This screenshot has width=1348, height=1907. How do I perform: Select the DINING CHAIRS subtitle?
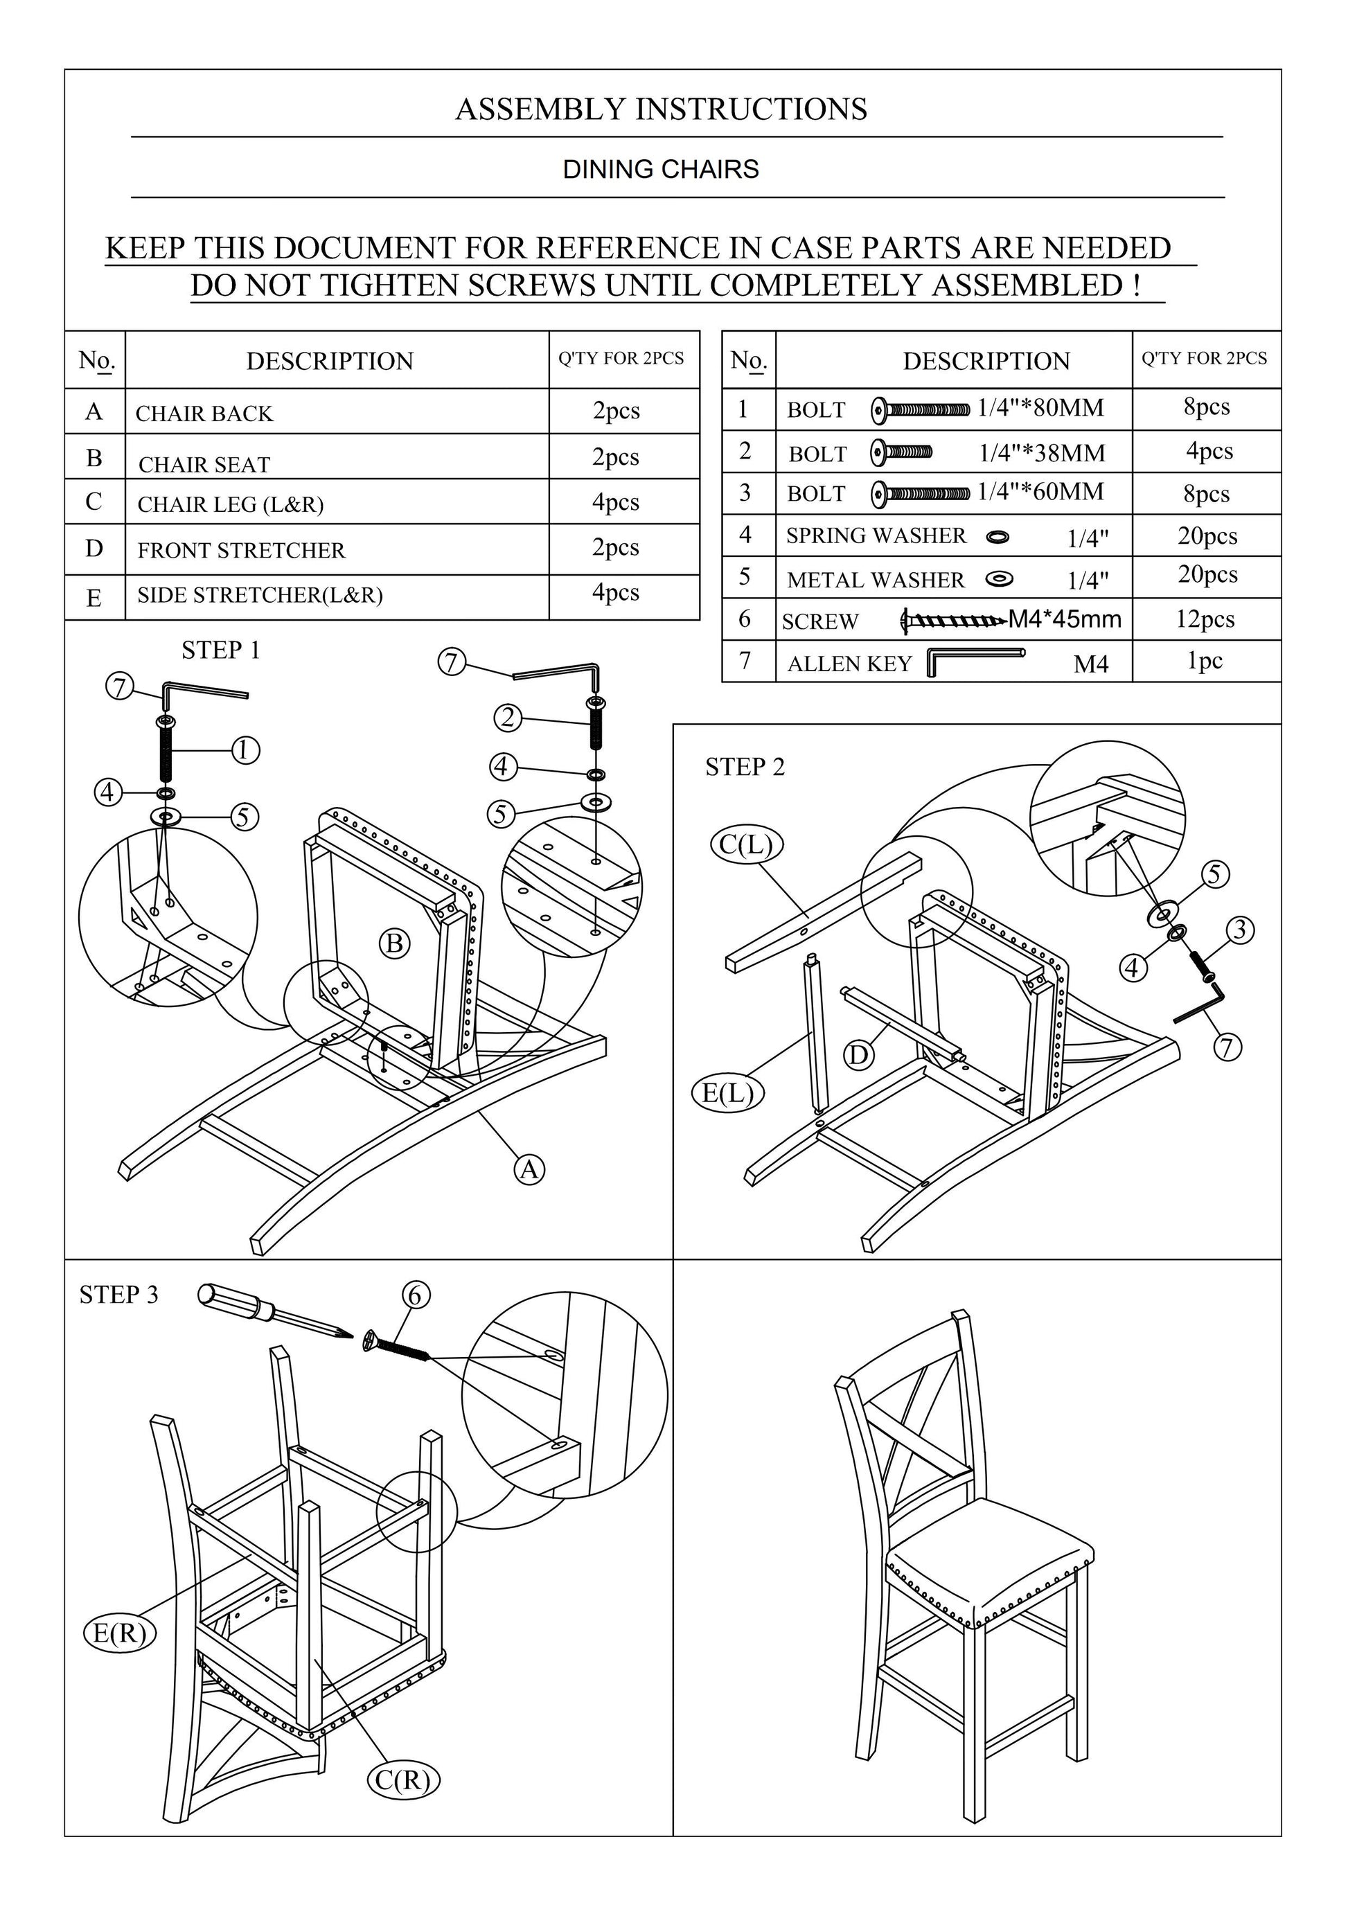click(660, 170)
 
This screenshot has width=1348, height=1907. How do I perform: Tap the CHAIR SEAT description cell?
click(204, 464)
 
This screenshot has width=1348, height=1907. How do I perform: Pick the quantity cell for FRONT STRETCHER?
click(615, 548)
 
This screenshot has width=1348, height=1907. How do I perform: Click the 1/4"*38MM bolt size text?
click(1042, 454)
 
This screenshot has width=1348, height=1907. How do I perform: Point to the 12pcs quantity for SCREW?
click(1205, 619)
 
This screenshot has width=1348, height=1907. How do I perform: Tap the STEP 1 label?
click(221, 650)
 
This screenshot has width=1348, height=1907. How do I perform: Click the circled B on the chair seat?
click(396, 943)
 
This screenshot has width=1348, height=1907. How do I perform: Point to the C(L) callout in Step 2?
click(747, 844)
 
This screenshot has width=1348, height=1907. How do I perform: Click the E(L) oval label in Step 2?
click(727, 1092)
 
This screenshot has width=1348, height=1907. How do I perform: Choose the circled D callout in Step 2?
click(859, 1056)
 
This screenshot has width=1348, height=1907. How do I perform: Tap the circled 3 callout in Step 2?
click(1240, 930)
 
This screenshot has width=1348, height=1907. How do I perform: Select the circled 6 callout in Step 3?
click(416, 1294)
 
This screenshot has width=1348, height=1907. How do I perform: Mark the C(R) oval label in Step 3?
click(403, 1780)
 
